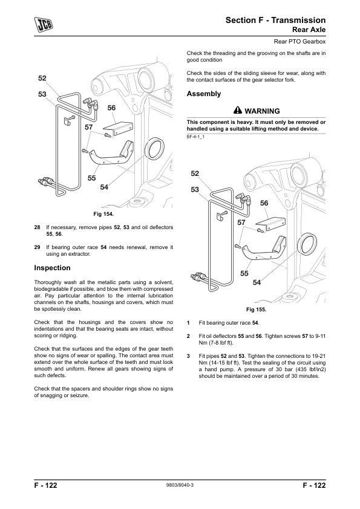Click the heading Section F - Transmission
(x=275, y=20)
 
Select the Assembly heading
(x=204, y=94)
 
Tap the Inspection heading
(x=52, y=268)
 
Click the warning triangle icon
(x=238, y=111)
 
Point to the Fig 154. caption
(x=103, y=214)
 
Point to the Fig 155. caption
(x=256, y=310)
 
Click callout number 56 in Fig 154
(x=111, y=108)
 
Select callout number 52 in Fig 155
(x=195, y=173)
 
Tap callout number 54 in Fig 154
(x=104, y=187)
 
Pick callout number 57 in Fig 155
(x=241, y=222)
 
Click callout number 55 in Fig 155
(x=244, y=274)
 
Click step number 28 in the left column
(x=37, y=227)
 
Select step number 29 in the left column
(x=37, y=247)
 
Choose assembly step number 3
(x=188, y=356)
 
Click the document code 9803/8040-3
(x=180, y=485)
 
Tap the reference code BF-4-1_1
(x=195, y=137)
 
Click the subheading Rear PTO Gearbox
(x=299, y=42)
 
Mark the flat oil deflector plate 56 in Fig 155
(x=270, y=224)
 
